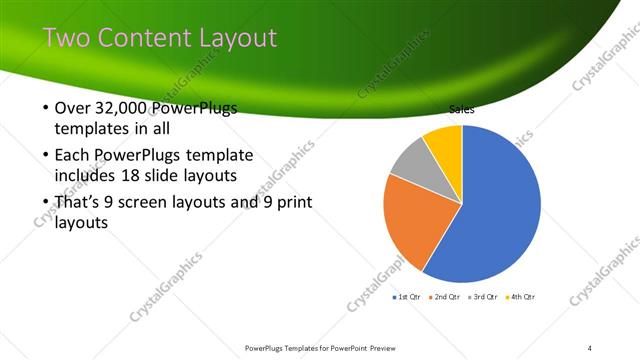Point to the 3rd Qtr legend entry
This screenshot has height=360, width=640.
click(x=485, y=297)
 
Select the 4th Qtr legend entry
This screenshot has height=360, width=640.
click(x=522, y=297)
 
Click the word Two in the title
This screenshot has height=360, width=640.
click(x=67, y=38)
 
